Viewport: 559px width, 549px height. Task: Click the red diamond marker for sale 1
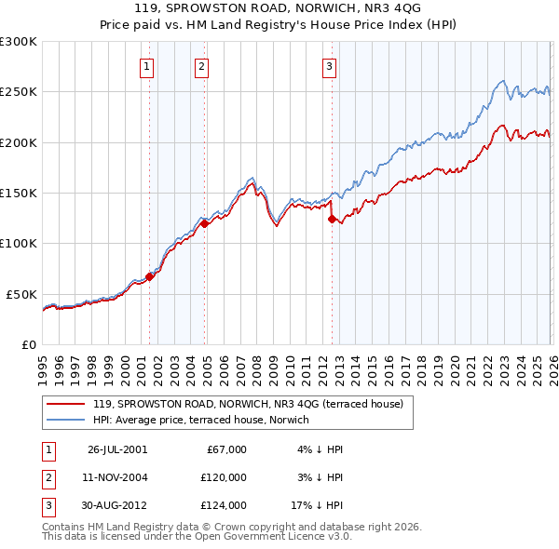(x=150, y=276)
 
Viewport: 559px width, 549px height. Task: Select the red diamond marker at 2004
(x=204, y=223)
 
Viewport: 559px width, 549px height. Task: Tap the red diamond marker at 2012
(x=332, y=219)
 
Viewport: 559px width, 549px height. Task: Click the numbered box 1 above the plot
(x=147, y=66)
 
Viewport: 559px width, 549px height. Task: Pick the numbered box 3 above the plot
(x=330, y=66)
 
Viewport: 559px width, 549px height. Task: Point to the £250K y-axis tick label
(x=18, y=92)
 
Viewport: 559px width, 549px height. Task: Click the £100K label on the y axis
(x=18, y=243)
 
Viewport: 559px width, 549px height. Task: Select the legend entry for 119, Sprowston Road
(x=247, y=404)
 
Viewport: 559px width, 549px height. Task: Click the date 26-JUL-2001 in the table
(x=116, y=449)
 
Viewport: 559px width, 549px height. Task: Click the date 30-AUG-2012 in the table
(x=116, y=505)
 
